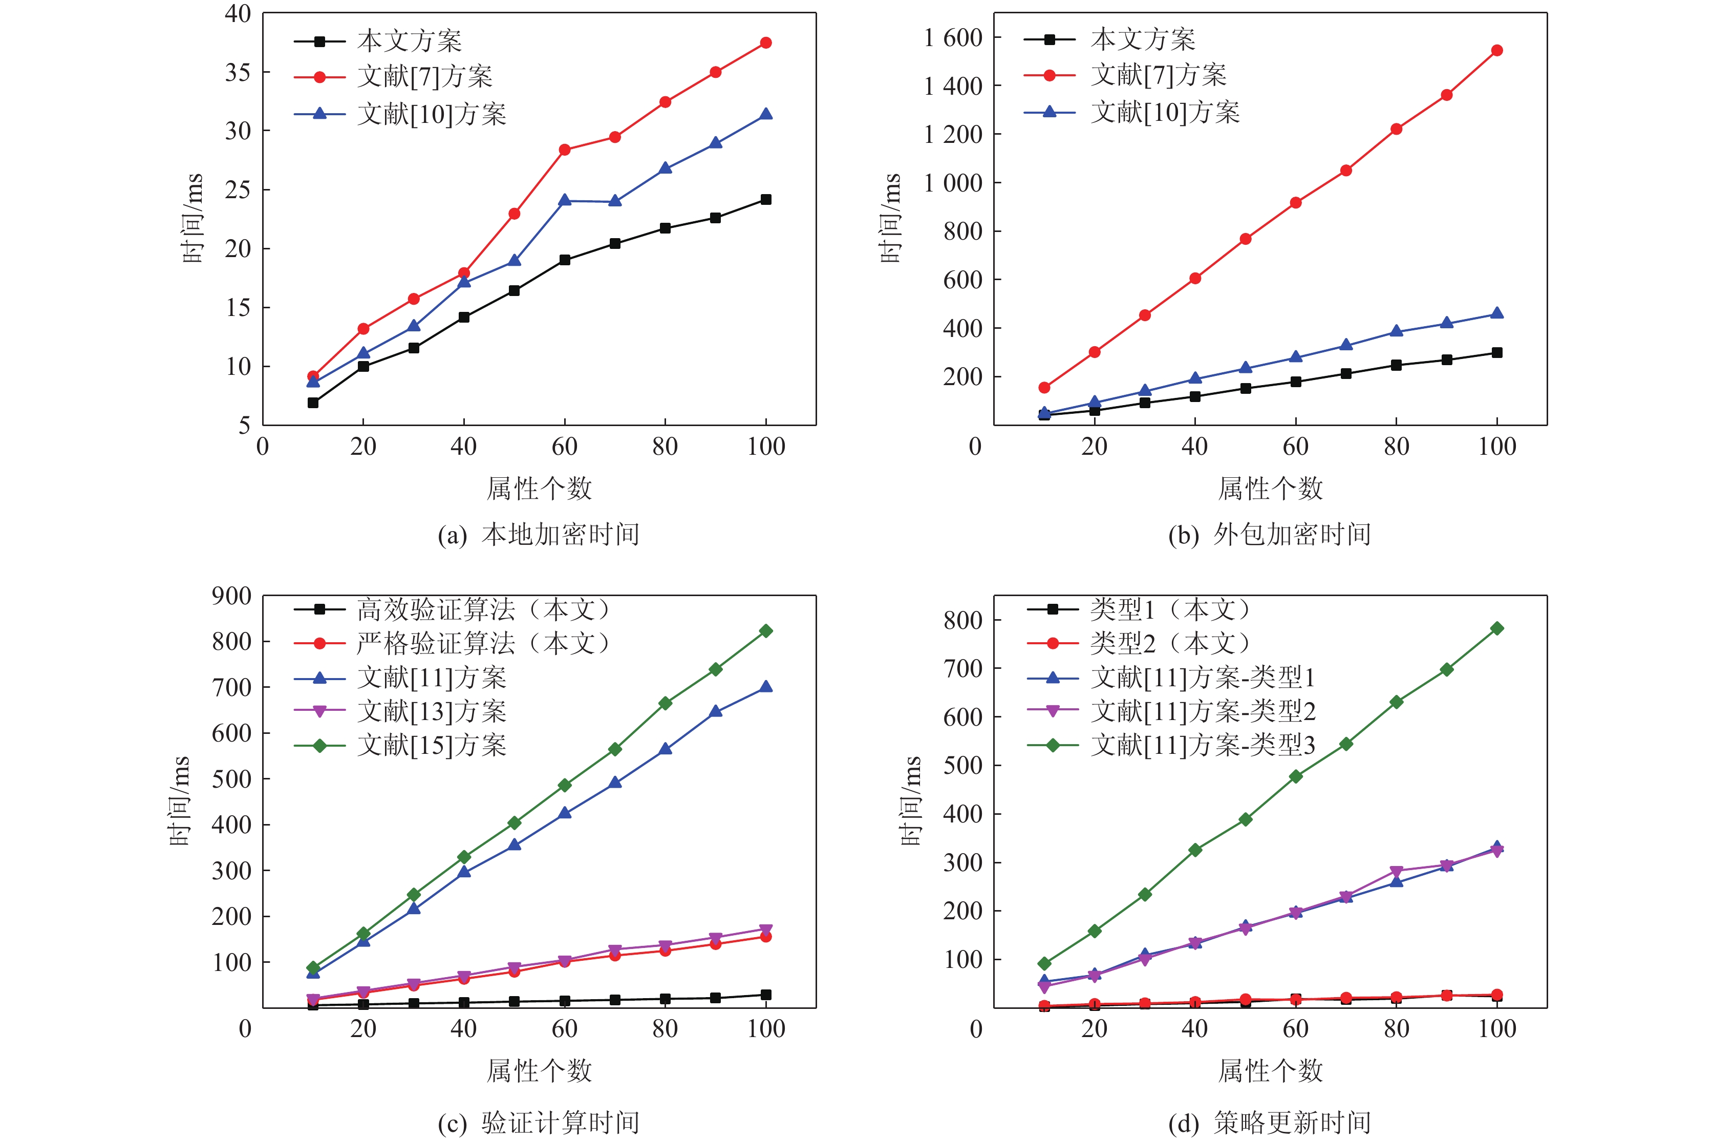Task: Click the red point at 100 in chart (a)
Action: pos(765,43)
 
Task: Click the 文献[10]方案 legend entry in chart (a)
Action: pos(431,114)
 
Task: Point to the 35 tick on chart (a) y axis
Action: pos(238,72)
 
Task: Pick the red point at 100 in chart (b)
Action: pos(1496,50)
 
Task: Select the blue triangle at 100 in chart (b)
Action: pos(1496,313)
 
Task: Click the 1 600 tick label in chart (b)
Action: pos(953,37)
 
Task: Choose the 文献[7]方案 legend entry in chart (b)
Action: pos(1158,75)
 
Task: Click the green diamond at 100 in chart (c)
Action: pos(765,630)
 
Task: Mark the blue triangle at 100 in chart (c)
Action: pos(765,686)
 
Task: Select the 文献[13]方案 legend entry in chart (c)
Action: pos(431,711)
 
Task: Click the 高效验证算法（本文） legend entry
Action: pos(483,609)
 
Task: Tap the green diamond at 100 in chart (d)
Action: pos(1496,628)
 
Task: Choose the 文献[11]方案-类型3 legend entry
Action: pos(1203,745)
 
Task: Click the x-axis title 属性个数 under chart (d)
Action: pos(1270,1071)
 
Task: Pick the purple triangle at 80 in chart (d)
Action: pos(1396,871)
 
